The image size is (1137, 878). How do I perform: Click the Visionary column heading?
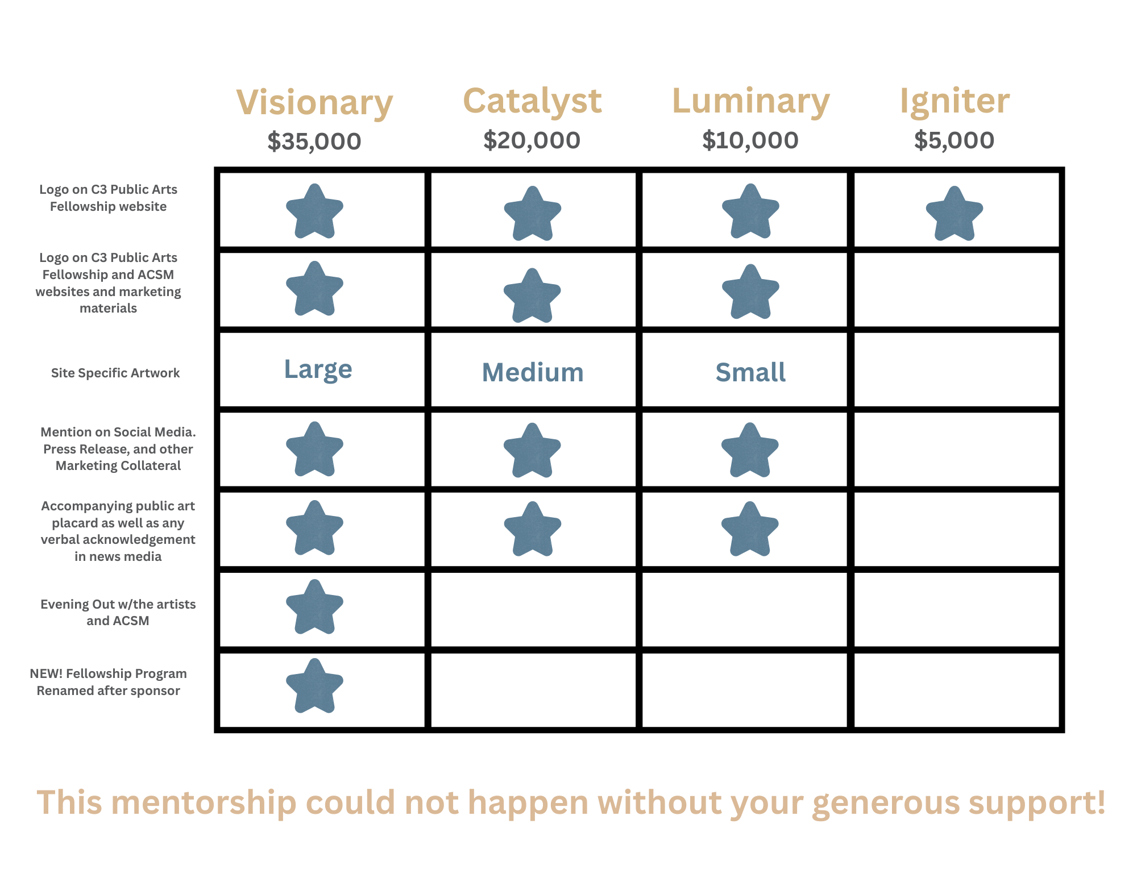pyautogui.click(x=314, y=103)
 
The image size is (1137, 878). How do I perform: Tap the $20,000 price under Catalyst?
pyautogui.click(x=532, y=140)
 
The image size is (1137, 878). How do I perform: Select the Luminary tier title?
pyautogui.click(x=750, y=102)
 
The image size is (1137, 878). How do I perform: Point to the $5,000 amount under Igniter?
pyautogui.click(x=954, y=140)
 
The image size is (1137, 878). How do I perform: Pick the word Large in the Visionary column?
pyautogui.click(x=318, y=369)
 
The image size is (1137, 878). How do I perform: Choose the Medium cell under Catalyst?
pyautogui.click(x=533, y=373)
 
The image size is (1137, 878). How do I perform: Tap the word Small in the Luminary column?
pyautogui.click(x=750, y=373)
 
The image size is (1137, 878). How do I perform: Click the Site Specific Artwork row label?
pyautogui.click(x=115, y=373)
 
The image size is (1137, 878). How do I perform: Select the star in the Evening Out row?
pyautogui.click(x=314, y=607)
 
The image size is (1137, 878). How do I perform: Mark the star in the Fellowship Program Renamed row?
pyautogui.click(x=314, y=686)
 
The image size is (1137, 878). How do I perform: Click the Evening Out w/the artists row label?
pyautogui.click(x=118, y=612)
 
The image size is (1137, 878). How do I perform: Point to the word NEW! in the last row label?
pyautogui.click(x=46, y=673)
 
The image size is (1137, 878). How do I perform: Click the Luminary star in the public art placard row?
pyautogui.click(x=750, y=529)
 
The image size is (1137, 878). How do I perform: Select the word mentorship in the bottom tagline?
pyautogui.click(x=208, y=802)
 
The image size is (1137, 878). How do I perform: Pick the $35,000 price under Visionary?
pyautogui.click(x=314, y=142)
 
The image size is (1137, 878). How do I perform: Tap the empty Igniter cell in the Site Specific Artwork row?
pyautogui.click(x=957, y=370)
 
